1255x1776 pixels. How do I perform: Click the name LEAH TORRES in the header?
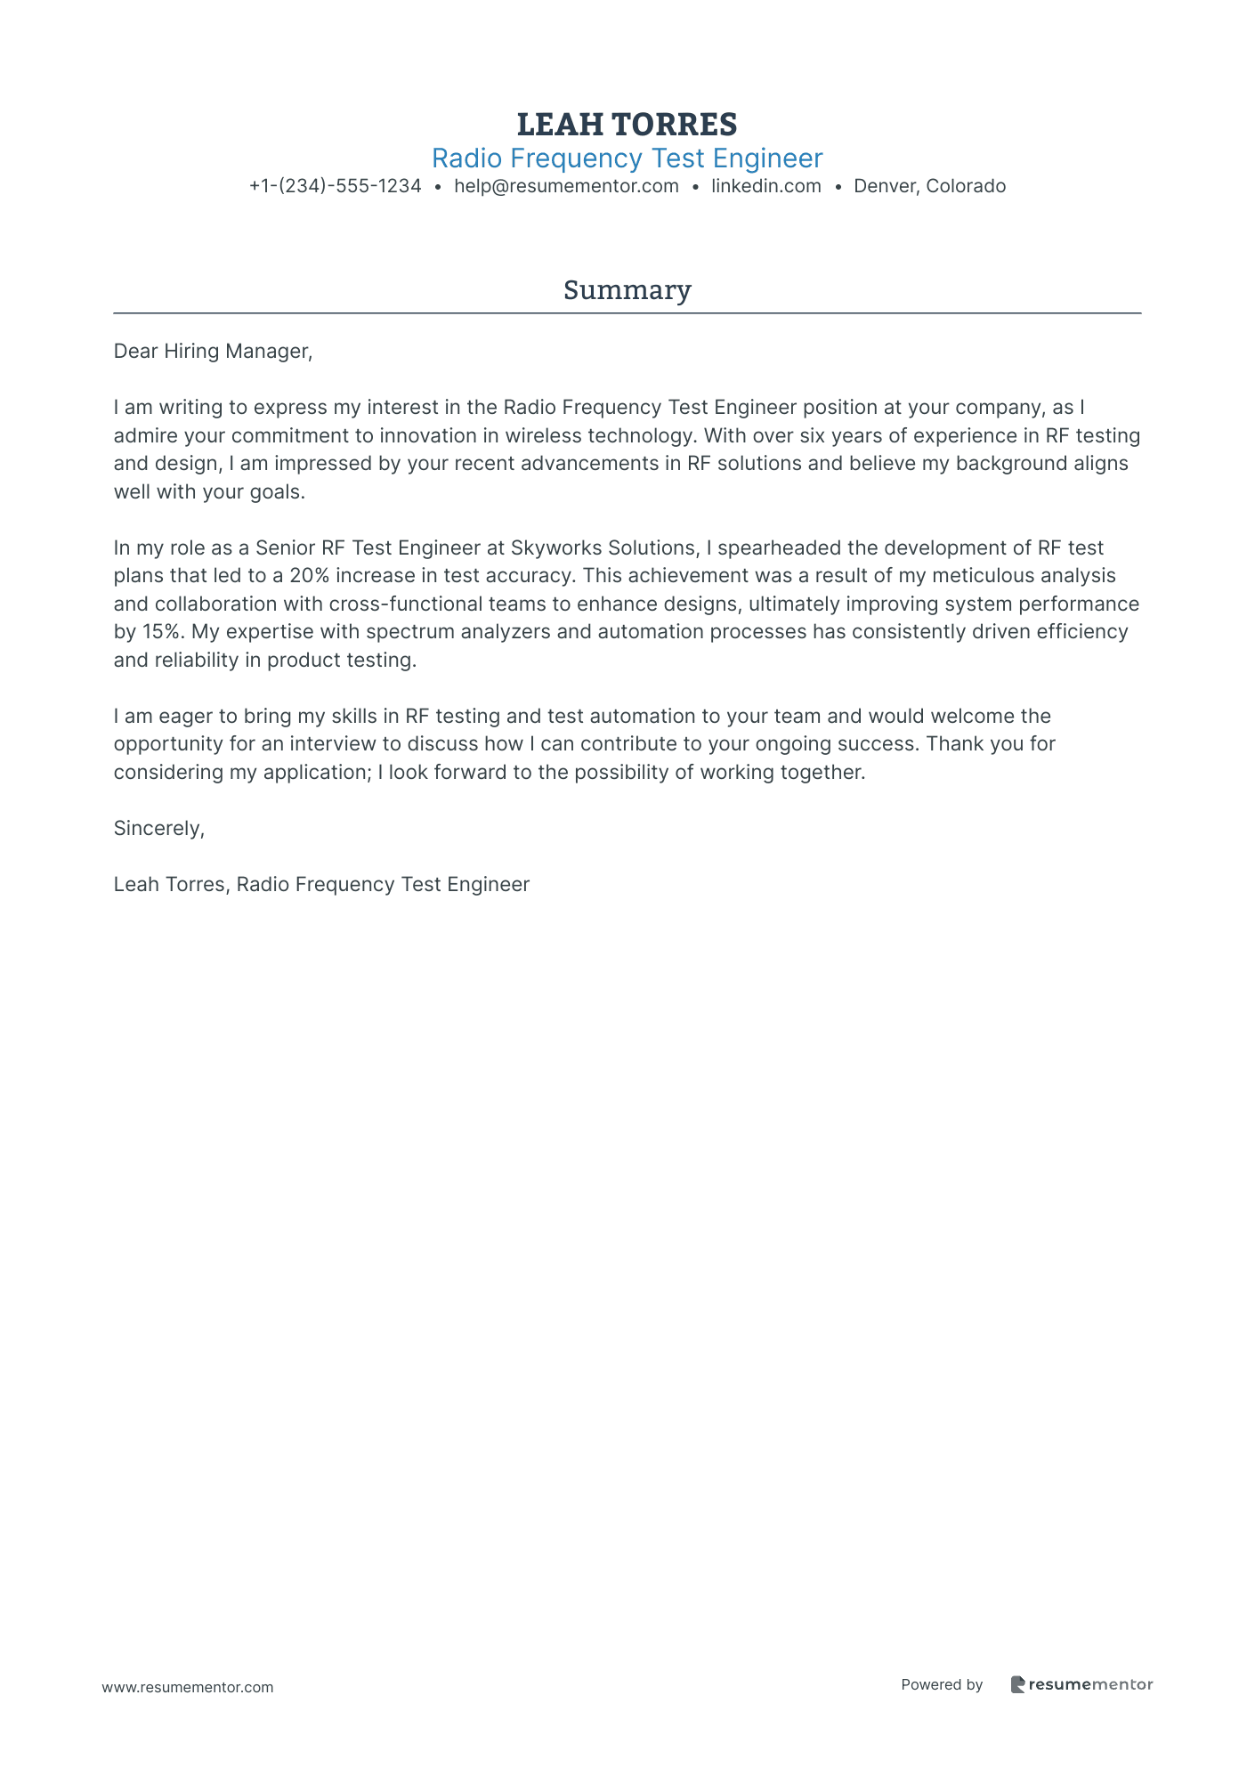click(x=627, y=125)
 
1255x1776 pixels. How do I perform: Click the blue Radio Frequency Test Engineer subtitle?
click(x=627, y=158)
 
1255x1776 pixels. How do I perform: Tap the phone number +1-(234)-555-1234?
click(x=335, y=187)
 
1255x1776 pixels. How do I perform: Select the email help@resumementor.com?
click(x=566, y=187)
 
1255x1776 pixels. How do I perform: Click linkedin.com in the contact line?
click(x=765, y=187)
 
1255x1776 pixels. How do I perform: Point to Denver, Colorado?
click(x=929, y=187)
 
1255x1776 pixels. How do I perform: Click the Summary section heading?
click(x=627, y=290)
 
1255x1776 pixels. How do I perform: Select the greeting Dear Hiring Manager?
click(x=213, y=352)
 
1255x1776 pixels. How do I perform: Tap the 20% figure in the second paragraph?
click(x=309, y=576)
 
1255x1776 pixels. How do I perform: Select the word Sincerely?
click(x=158, y=829)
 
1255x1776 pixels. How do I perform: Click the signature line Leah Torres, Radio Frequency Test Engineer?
click(x=321, y=885)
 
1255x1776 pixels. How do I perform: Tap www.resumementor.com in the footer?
click(x=188, y=1687)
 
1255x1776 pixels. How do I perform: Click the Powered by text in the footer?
click(x=941, y=1684)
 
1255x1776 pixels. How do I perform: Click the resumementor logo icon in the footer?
click(x=1017, y=1684)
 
